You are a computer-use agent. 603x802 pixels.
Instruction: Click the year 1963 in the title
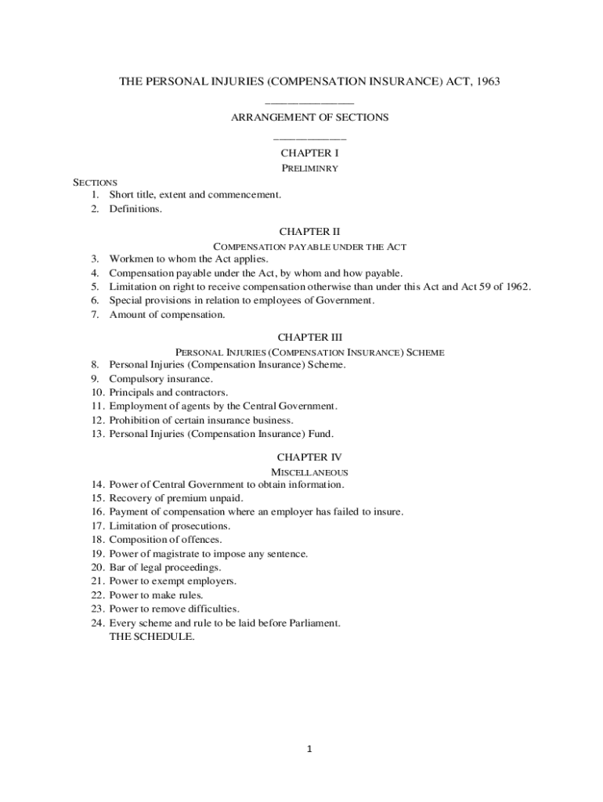486,81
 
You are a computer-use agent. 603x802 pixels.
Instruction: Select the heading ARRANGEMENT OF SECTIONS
309,117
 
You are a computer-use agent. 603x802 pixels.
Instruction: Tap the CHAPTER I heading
309,153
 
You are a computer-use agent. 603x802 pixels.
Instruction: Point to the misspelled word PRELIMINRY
309,168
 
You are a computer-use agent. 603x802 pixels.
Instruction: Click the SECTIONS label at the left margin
95,182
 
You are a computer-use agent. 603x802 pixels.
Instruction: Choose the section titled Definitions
135,209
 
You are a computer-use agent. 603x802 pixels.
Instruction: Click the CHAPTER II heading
309,232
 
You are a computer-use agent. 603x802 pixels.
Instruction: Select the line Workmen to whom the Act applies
188,258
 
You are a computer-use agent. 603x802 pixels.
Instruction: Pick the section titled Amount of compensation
167,315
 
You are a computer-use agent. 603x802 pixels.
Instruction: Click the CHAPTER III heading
309,338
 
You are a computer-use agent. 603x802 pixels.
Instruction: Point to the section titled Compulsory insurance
161,379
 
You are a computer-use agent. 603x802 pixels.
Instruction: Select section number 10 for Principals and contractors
97,392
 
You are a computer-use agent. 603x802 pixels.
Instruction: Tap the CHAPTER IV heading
309,457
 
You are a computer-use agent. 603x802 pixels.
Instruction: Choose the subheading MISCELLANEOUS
309,472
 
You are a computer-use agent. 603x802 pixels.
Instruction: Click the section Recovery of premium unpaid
176,498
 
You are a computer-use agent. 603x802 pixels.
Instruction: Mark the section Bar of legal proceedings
165,567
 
